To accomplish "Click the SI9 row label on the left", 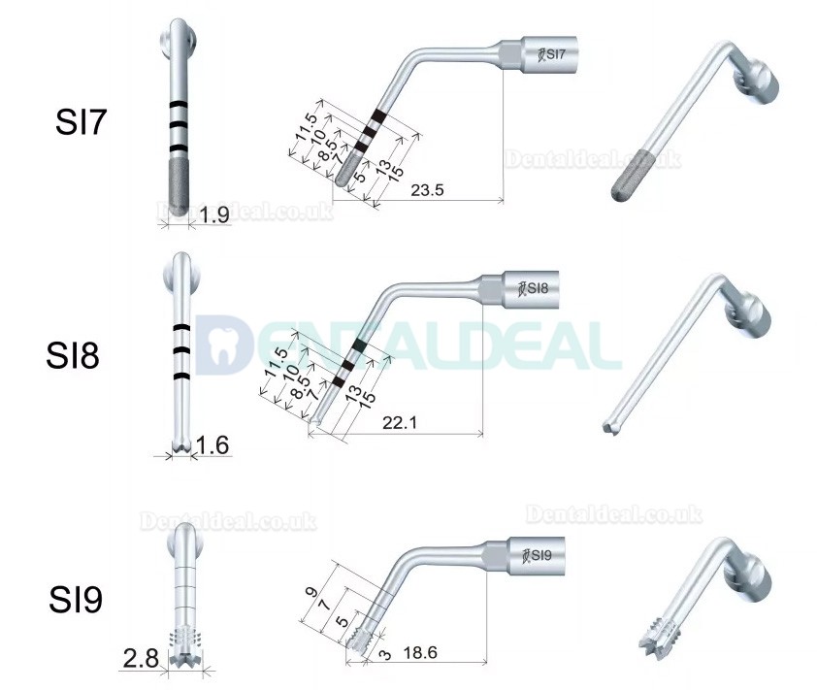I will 75,600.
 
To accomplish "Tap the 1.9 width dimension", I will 214,215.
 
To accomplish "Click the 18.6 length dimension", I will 419,655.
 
